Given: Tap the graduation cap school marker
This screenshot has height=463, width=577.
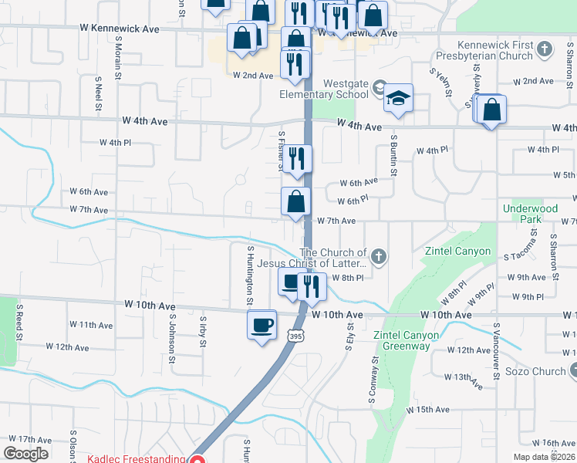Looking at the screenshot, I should coord(398,99).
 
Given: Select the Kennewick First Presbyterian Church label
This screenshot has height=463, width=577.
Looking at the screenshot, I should coord(494,50).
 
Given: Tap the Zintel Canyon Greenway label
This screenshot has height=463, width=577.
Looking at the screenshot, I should coord(406,340).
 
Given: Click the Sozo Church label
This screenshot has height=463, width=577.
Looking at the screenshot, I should coord(538,371).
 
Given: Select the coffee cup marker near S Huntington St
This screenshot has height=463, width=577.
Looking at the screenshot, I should coord(262,323).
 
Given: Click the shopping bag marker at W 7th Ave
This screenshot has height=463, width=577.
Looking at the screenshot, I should coord(296,202).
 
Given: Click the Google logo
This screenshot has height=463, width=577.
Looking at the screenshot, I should coord(25,454).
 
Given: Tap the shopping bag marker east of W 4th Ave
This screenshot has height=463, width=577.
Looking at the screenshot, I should coord(491,110).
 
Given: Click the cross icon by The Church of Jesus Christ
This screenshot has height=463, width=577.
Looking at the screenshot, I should coord(378,255).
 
